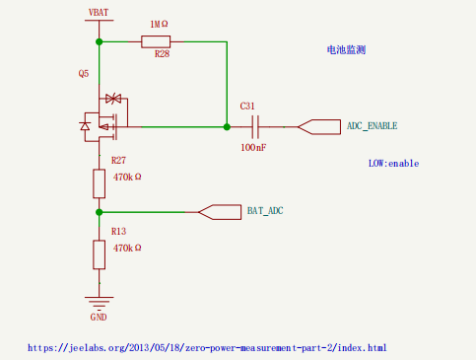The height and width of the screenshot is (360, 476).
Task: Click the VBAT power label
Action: (x=99, y=13)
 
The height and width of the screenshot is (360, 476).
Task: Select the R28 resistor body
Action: (x=156, y=41)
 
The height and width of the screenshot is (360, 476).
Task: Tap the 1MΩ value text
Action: (x=159, y=24)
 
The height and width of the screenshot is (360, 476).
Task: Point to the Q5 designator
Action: (x=84, y=73)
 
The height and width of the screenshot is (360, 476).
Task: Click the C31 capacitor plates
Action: (x=255, y=127)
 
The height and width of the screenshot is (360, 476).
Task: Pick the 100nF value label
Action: (x=253, y=147)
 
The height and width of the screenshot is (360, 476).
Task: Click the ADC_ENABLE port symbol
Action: (x=319, y=127)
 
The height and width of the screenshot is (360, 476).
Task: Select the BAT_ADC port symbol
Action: (x=220, y=212)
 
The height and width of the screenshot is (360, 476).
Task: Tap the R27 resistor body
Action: (x=99, y=183)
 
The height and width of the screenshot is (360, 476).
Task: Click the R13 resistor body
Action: (x=99, y=254)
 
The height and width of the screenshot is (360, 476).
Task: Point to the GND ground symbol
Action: (x=99, y=303)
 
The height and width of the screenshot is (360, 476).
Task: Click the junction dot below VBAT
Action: (x=99, y=41)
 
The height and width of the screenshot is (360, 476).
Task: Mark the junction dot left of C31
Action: (x=227, y=127)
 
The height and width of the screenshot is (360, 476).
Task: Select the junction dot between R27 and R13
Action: (x=99, y=212)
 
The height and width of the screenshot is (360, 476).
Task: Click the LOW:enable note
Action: (x=393, y=164)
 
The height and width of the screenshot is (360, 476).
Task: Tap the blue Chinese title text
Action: (x=346, y=50)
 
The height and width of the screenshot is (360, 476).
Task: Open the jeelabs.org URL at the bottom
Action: (x=207, y=348)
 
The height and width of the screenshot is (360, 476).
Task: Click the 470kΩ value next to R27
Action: (x=127, y=178)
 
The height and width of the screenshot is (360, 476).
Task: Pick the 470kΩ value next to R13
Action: (x=127, y=248)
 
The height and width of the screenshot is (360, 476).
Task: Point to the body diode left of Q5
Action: (x=85, y=126)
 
